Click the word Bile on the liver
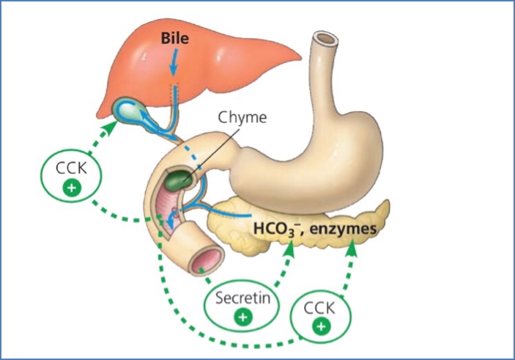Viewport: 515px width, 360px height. (177, 37)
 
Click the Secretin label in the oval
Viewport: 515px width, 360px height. (242, 298)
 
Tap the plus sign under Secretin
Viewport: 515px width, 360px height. (243, 316)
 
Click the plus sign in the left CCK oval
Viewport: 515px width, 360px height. (72, 188)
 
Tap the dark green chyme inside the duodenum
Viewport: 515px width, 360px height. (177, 178)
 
